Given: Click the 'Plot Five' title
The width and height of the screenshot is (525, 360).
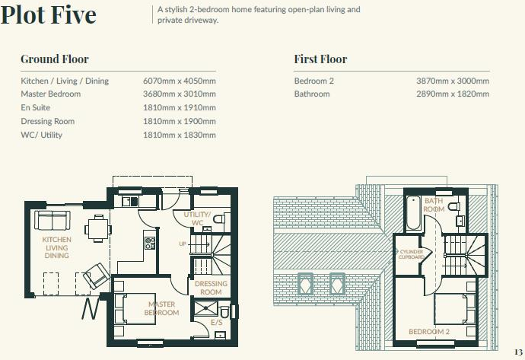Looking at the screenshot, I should point(49,16).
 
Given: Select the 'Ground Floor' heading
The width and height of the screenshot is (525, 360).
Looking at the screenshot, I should point(55,59).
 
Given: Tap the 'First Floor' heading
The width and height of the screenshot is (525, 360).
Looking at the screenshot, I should point(320,59).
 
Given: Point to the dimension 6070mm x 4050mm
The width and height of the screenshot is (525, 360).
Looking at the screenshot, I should point(180,81).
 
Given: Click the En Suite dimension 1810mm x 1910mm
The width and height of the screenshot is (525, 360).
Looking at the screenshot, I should point(180,108).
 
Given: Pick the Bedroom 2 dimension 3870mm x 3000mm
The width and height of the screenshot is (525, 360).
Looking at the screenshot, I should point(453,81).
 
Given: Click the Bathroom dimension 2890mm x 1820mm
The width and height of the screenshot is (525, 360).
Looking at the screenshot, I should point(453,94).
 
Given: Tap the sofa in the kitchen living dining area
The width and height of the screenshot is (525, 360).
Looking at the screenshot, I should point(51,221).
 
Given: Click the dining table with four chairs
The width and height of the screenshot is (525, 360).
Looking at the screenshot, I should point(96,225).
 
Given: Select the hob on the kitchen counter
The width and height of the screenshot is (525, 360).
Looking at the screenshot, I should point(150,244).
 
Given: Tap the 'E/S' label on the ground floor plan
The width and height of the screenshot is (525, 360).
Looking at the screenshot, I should point(216,323).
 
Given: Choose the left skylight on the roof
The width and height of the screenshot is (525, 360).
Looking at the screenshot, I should point(305,282).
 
